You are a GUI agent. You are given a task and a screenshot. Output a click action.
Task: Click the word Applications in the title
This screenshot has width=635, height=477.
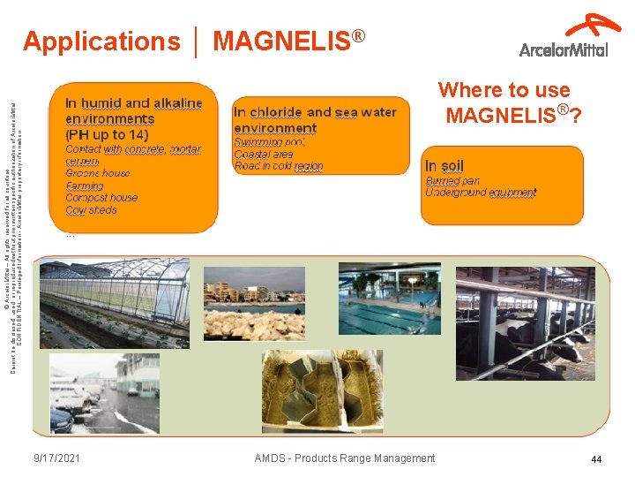(x=101, y=42)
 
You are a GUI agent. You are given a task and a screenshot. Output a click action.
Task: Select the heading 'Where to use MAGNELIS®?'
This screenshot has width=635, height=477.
(x=512, y=102)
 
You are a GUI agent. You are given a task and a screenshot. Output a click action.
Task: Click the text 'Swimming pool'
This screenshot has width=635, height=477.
(x=269, y=141)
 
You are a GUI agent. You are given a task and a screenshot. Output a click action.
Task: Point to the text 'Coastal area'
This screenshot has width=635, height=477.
(x=263, y=154)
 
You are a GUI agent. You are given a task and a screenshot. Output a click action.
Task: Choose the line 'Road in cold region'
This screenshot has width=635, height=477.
(x=278, y=166)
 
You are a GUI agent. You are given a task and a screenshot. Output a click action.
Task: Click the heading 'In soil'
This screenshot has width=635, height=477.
(x=444, y=166)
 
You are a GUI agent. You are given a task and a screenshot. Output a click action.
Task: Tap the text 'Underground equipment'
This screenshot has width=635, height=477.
(x=480, y=193)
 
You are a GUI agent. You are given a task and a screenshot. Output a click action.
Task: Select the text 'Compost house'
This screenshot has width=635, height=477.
(x=101, y=198)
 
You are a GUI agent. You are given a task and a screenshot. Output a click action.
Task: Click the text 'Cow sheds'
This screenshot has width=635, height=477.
(x=91, y=210)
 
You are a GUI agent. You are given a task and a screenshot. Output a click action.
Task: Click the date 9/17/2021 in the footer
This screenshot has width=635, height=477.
(x=57, y=458)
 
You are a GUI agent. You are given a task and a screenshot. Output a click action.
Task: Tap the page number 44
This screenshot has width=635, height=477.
(x=596, y=459)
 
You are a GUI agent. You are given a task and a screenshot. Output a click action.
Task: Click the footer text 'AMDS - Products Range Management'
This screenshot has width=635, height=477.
(x=344, y=458)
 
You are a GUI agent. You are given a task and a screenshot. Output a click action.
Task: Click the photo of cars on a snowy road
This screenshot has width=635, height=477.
(x=104, y=393)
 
